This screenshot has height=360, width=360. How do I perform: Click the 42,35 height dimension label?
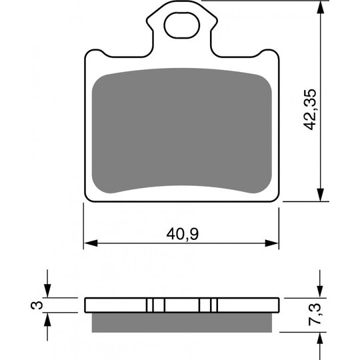point(310,109)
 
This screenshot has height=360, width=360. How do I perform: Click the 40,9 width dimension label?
point(183,235)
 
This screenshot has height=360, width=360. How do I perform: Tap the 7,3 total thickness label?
point(315,314)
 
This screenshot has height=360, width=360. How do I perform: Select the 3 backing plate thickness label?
point(37,305)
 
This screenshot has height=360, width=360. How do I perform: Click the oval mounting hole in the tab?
point(182,25)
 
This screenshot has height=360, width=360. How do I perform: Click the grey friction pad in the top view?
point(182,131)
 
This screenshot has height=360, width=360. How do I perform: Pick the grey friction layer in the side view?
point(182,323)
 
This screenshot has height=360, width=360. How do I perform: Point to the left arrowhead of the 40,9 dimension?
point(91,243)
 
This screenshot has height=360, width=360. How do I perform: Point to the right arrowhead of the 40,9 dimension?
point(272,243)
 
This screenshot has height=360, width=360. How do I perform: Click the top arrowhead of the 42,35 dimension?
point(320,8)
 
